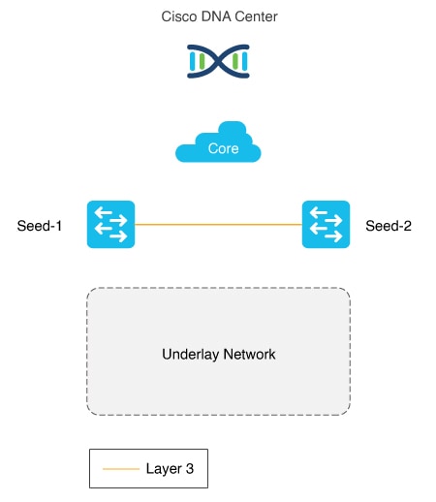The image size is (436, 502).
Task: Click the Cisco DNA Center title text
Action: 219,16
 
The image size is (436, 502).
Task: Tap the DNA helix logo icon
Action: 218,61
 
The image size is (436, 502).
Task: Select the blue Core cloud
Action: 218,141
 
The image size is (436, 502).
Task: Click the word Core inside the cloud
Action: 223,148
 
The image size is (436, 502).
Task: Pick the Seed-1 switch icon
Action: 110,224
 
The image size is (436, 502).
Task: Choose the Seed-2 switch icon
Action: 326,224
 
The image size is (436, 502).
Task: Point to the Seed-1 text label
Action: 40,226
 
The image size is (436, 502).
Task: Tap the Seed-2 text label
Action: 389,226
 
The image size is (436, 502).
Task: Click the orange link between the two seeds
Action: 218,224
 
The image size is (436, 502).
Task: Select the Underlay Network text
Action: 219,355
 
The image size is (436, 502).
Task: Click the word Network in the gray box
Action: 249,354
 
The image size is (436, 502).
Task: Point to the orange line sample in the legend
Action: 121,469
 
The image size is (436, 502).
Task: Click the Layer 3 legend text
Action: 170,469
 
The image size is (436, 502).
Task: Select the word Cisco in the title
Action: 179,16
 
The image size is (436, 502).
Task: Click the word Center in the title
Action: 256,16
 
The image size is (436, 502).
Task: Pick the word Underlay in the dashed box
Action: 191,355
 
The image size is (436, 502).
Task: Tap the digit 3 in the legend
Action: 190,468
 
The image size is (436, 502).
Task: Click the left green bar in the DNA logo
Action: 202,61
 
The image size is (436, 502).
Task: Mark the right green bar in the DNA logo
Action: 235,61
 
